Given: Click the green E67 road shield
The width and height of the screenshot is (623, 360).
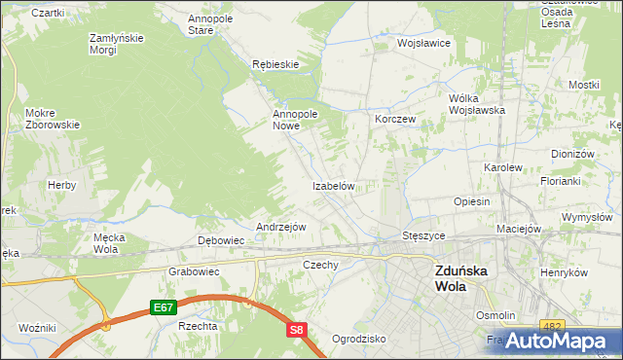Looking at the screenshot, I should [x=164, y=307].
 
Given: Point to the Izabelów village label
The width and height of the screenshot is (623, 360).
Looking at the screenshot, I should [x=338, y=186].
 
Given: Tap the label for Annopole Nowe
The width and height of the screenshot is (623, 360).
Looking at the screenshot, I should [x=296, y=120].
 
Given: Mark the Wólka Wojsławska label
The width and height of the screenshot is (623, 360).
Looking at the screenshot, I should [x=477, y=104].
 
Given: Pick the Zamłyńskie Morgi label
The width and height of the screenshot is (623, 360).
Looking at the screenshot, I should [x=117, y=44].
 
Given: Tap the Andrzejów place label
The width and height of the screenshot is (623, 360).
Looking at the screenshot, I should [x=281, y=227].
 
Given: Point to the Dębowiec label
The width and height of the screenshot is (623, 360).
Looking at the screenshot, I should [x=221, y=240].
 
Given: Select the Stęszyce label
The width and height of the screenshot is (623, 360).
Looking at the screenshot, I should [x=423, y=235].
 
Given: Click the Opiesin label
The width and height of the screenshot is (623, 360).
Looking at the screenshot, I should [x=471, y=201].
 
